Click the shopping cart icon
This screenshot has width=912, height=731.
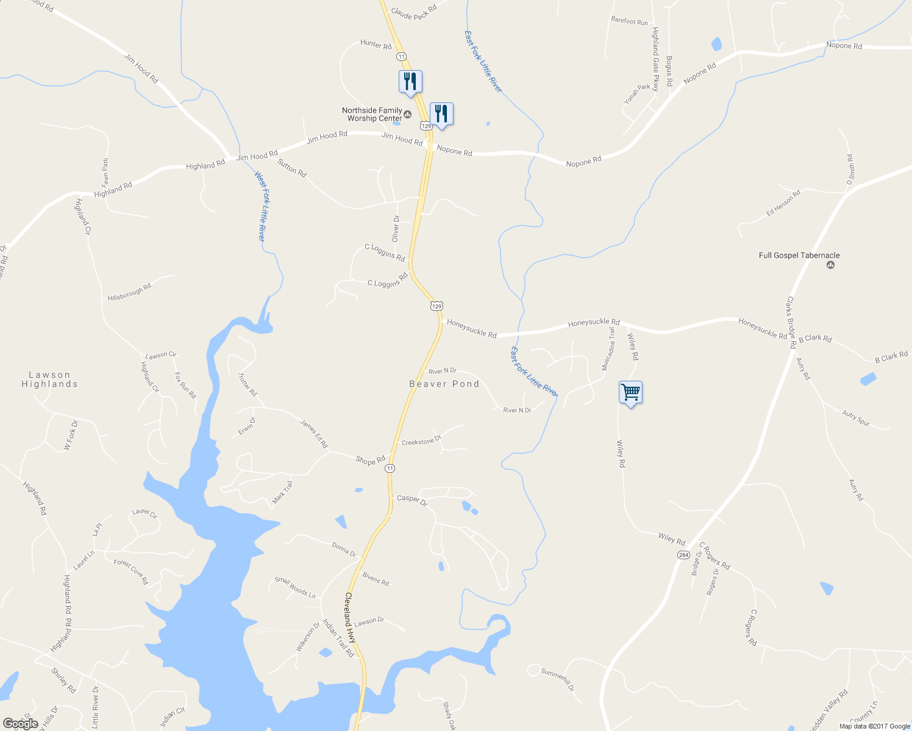pyautogui.click(x=630, y=392)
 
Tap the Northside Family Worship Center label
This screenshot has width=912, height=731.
pyautogui.click(x=372, y=115)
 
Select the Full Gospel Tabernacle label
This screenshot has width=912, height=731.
pyautogui.click(x=799, y=256)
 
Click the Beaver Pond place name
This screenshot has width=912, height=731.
pyautogui.click(x=444, y=384)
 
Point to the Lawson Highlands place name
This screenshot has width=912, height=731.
pyautogui.click(x=49, y=380)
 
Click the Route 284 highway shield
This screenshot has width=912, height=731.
pyautogui.click(x=683, y=555)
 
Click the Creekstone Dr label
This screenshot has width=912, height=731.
pyautogui.click(x=421, y=441)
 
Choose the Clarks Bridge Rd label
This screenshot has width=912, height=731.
pyautogui.click(x=791, y=322)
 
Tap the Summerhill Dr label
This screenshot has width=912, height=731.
pyautogui.click(x=558, y=679)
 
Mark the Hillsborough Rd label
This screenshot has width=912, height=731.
pyautogui.click(x=129, y=292)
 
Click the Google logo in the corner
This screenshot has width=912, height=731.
pyautogui.click(x=21, y=724)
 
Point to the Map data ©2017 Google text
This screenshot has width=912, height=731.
pyautogui.click(x=874, y=726)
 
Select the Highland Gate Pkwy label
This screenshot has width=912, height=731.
pyautogui.click(x=655, y=59)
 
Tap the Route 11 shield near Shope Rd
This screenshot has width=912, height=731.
pyautogui.click(x=390, y=468)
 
